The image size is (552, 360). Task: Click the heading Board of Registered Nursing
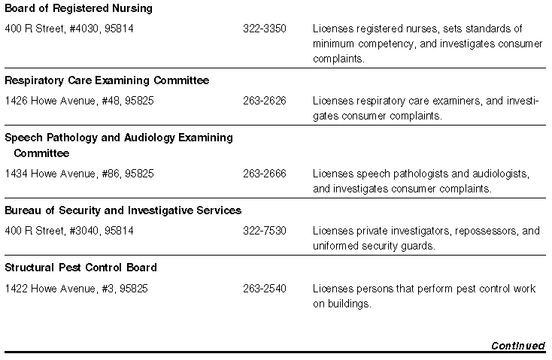pyautogui.click(x=78, y=9)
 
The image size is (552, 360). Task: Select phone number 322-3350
pyautogui.click(x=264, y=29)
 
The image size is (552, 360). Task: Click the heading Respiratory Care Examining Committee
pyautogui.click(x=107, y=80)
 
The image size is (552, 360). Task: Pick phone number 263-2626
pyautogui.click(x=264, y=101)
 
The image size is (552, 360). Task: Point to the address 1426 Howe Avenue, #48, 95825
pyautogui.click(x=79, y=101)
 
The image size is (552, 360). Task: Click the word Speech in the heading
pyautogui.click(x=22, y=138)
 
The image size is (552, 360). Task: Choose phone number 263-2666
pyautogui.click(x=264, y=174)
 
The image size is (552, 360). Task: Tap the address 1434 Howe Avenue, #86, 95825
pyautogui.click(x=79, y=174)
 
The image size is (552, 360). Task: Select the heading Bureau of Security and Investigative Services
pyautogui.click(x=123, y=210)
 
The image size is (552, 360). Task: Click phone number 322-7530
pyautogui.click(x=264, y=231)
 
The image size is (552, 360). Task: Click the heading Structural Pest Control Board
pyautogui.click(x=80, y=268)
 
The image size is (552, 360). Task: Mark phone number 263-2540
pyautogui.click(x=264, y=289)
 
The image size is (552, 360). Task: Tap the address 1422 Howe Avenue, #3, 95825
pyautogui.click(x=76, y=289)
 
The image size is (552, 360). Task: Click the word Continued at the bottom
pyautogui.click(x=517, y=346)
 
